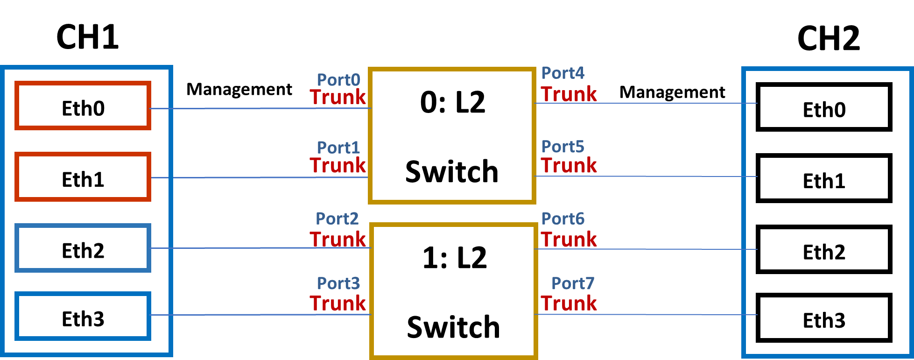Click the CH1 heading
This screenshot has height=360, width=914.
click(x=87, y=37)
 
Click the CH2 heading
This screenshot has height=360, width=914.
click(x=828, y=38)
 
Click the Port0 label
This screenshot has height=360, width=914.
click(x=338, y=80)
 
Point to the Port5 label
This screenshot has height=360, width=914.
click(x=562, y=147)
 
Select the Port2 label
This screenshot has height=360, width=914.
click(x=337, y=219)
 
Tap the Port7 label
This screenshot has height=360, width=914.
click(x=573, y=283)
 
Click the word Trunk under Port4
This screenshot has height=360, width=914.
click(x=569, y=94)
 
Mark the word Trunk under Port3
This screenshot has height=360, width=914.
click(x=338, y=303)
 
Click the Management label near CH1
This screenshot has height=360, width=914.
click(x=239, y=89)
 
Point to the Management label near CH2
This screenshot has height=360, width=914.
click(x=672, y=92)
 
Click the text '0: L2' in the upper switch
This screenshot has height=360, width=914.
click(x=453, y=102)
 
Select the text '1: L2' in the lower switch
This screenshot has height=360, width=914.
click(x=455, y=258)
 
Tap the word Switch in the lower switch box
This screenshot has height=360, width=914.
click(x=453, y=327)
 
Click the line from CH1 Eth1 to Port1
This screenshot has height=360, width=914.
click(x=260, y=177)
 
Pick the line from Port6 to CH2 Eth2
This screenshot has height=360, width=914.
click(x=646, y=249)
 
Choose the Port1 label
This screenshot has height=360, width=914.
click(x=338, y=148)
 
